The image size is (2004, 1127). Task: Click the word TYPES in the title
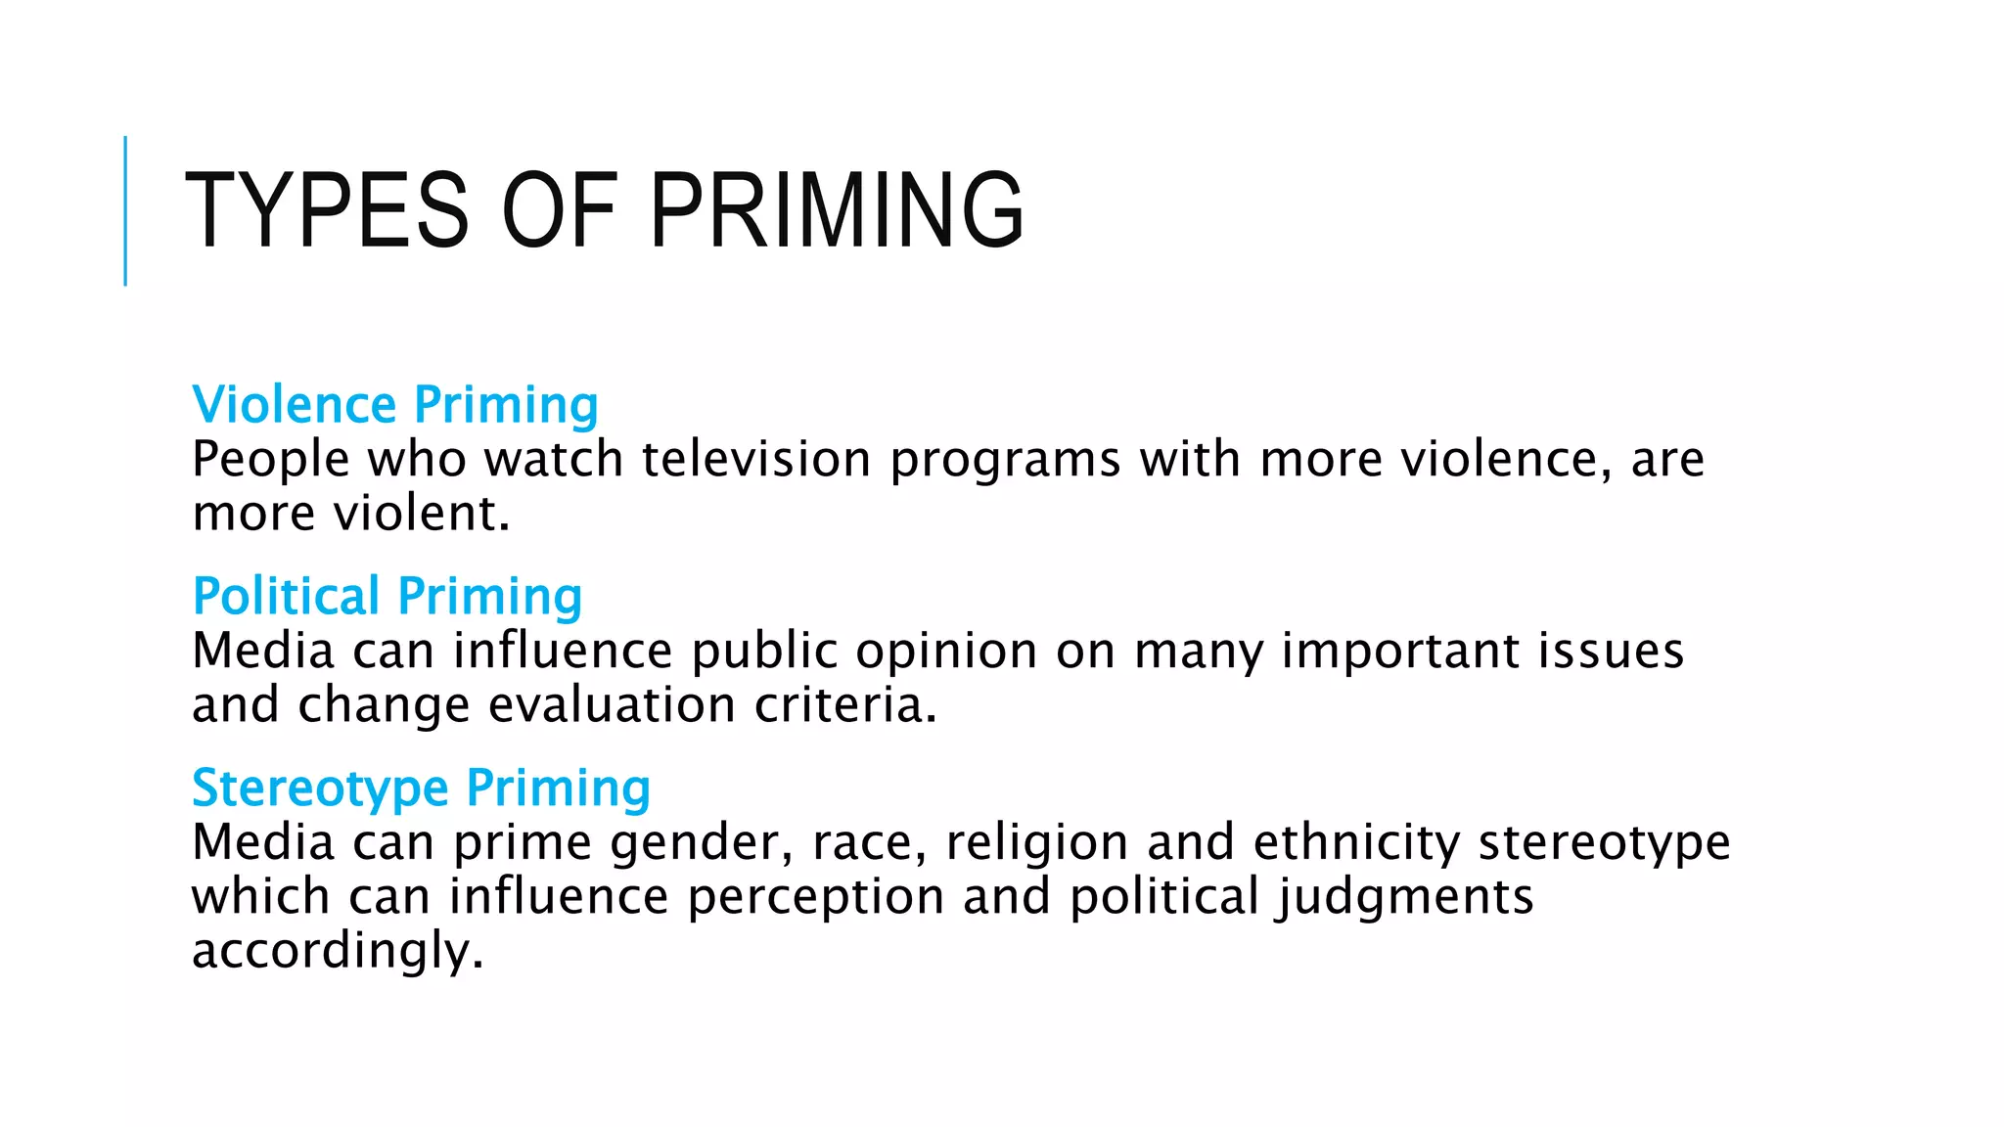point(327,209)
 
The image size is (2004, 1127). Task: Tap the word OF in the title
point(560,209)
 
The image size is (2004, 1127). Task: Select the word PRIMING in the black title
point(837,209)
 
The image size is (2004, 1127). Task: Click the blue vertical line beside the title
point(125,210)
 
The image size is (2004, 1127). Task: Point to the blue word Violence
point(295,405)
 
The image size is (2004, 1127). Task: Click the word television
point(756,459)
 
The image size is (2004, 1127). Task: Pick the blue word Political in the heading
point(287,596)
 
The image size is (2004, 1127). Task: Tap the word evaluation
point(612,704)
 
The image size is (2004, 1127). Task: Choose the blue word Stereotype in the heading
point(320,789)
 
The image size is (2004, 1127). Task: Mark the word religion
point(1037,843)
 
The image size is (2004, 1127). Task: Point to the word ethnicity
point(1356,843)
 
